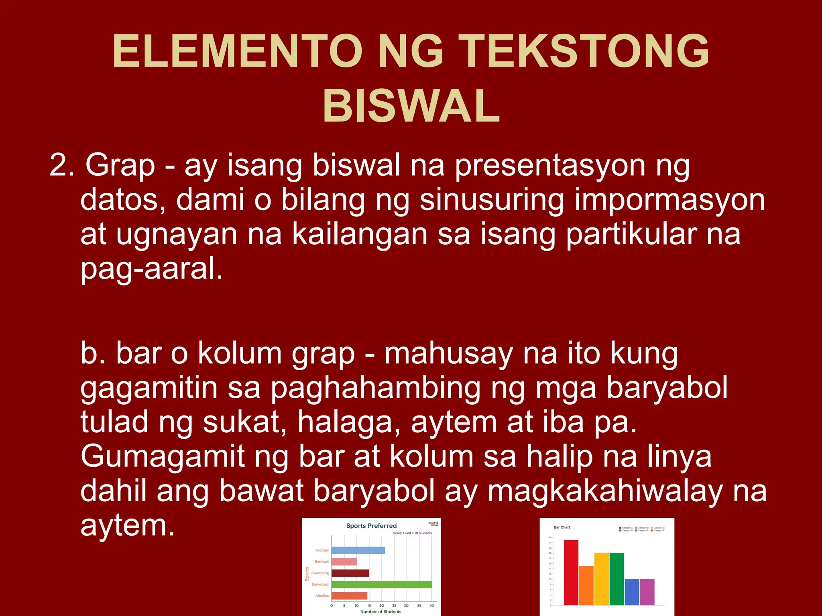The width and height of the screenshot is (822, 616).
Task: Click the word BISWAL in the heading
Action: tap(411, 106)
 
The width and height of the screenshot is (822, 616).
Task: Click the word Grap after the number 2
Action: tap(120, 165)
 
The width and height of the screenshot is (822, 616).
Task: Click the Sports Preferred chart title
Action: tap(371, 526)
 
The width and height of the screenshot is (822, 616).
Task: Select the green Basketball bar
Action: tap(381, 584)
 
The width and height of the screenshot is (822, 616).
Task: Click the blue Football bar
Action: tap(358, 550)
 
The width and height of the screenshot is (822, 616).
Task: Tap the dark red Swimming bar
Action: tap(350, 573)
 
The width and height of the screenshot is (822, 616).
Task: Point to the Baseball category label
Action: tap(321, 561)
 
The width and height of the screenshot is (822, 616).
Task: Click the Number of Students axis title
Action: tap(380, 612)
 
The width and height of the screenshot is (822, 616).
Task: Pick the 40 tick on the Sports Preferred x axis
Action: tap(431, 606)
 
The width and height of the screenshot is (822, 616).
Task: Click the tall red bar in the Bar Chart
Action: tap(571, 572)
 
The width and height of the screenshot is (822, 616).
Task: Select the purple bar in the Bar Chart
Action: tap(647, 592)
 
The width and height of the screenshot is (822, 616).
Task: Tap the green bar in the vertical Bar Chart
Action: tap(616, 579)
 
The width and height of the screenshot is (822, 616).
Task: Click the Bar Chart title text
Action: tap(562, 527)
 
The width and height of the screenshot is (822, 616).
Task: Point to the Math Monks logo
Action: tap(433, 523)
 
